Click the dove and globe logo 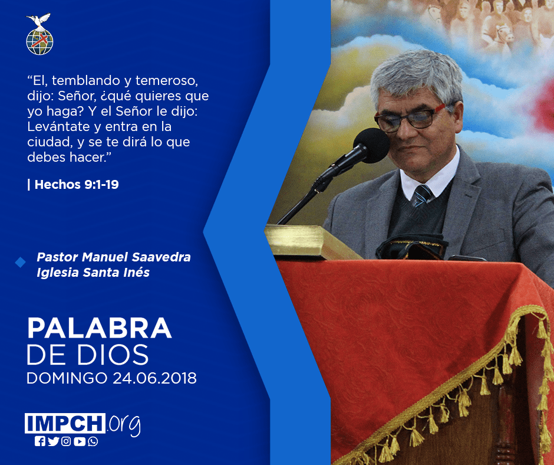[39, 34]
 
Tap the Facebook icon [40, 441]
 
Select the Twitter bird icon [53, 441]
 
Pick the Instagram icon [66, 441]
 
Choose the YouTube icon [80, 441]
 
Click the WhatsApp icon [93, 441]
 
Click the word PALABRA [99, 328]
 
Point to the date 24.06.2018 [155, 378]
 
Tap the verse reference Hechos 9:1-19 [77, 184]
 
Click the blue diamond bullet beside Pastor [20, 262]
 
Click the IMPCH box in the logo [65, 423]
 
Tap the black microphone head [371, 145]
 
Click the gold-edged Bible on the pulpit [311, 242]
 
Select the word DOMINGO [67, 378]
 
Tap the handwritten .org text [125, 425]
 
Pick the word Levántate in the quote [59, 126]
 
